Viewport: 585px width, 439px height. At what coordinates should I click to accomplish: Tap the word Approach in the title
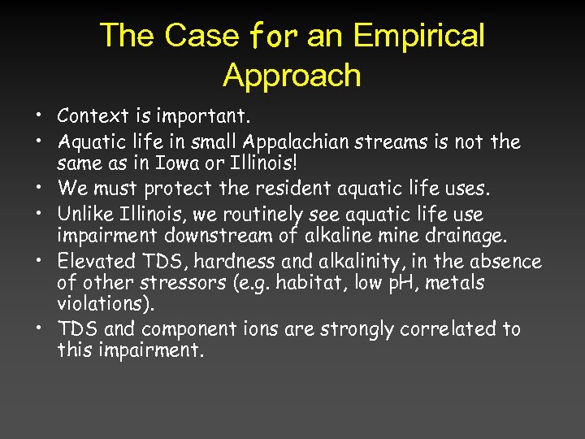click(x=292, y=76)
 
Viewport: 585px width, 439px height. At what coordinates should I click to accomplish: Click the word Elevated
click(x=92, y=263)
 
